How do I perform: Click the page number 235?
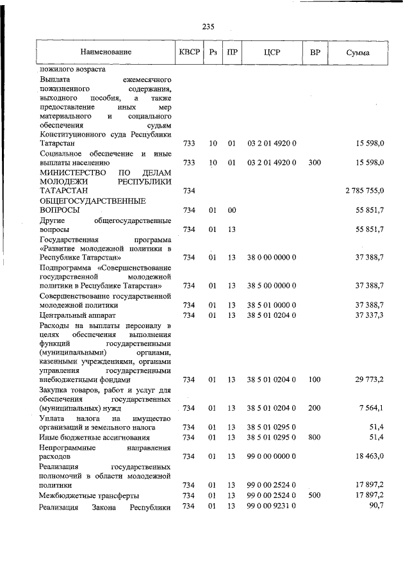pyautogui.click(x=208, y=26)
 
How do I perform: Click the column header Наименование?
pyautogui.click(x=106, y=52)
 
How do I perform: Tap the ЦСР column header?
pyautogui.click(x=272, y=52)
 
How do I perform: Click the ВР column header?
pyautogui.click(x=315, y=52)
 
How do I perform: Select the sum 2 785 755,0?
pyautogui.click(x=364, y=191)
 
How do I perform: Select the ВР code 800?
pyautogui.click(x=314, y=437)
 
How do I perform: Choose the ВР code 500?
pyautogui.click(x=314, y=495)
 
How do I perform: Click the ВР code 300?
pyautogui.click(x=314, y=163)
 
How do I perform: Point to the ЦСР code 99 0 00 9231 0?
pyautogui.click(x=272, y=506)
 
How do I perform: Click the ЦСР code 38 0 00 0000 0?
pyautogui.click(x=272, y=257)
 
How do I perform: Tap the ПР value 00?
pyautogui.click(x=232, y=210)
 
